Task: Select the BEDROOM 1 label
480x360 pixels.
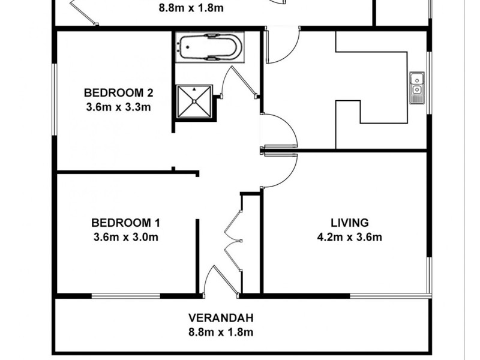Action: [x=126, y=222]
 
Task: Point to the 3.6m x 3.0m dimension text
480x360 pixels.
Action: [x=126, y=236]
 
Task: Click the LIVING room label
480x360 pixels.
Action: [x=349, y=222]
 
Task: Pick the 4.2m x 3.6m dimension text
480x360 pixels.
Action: [x=349, y=236]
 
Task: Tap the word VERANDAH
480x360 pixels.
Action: [x=220, y=317]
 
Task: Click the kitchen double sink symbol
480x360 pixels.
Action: [x=417, y=88]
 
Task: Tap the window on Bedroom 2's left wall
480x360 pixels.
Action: [x=55, y=99]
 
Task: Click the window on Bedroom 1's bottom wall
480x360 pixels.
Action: [x=126, y=295]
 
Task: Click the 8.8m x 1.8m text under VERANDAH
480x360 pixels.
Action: [x=220, y=332]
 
